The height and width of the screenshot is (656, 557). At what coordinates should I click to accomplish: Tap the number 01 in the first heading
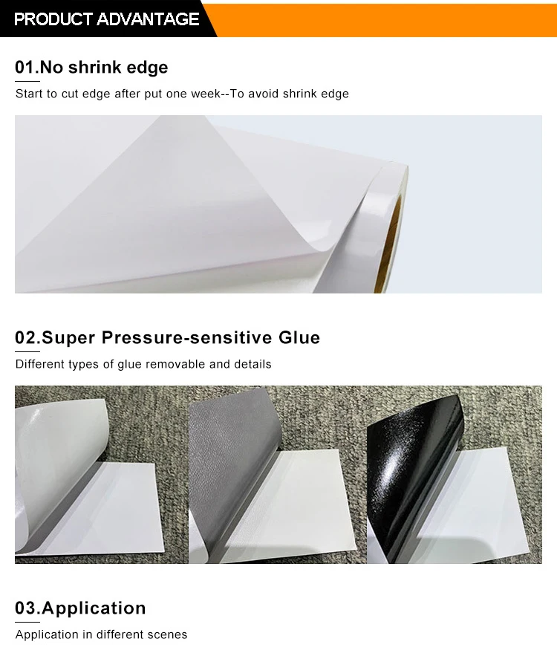(x=25, y=68)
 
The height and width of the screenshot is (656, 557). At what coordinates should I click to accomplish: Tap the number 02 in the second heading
(x=25, y=338)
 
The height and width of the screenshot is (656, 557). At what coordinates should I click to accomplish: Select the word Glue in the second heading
(x=299, y=338)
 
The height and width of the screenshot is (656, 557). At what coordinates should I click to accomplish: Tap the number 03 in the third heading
(x=25, y=608)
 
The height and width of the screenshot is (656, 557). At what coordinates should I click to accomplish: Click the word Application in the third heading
(x=94, y=608)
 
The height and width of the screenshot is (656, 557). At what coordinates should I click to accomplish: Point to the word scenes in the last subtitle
(x=169, y=635)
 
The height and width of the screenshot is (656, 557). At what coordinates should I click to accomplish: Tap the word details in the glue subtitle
(x=253, y=365)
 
